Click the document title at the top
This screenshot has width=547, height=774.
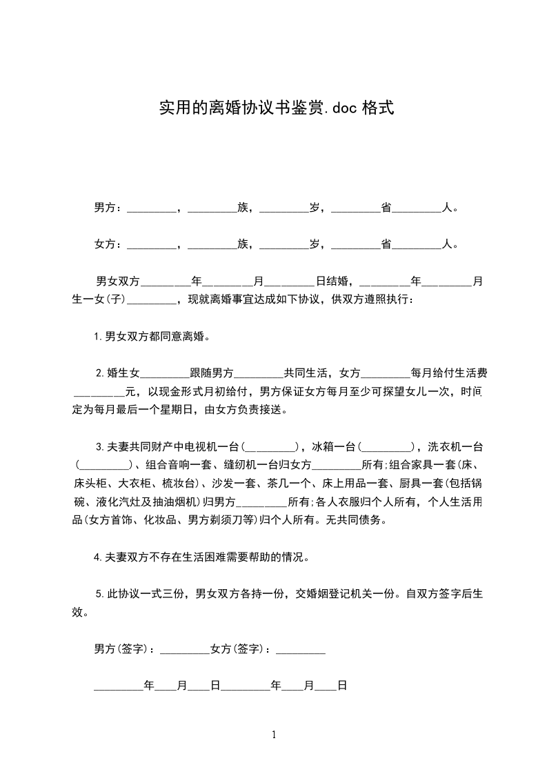(x=276, y=108)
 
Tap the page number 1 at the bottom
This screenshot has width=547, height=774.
(x=274, y=735)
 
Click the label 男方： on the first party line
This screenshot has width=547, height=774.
(x=108, y=207)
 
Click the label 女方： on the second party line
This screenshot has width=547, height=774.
(x=108, y=244)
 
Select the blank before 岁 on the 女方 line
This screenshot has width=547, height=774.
(x=284, y=246)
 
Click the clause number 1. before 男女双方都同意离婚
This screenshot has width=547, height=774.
(x=99, y=337)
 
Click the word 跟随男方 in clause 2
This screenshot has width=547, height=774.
(x=212, y=374)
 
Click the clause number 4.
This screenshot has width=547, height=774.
(x=99, y=557)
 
